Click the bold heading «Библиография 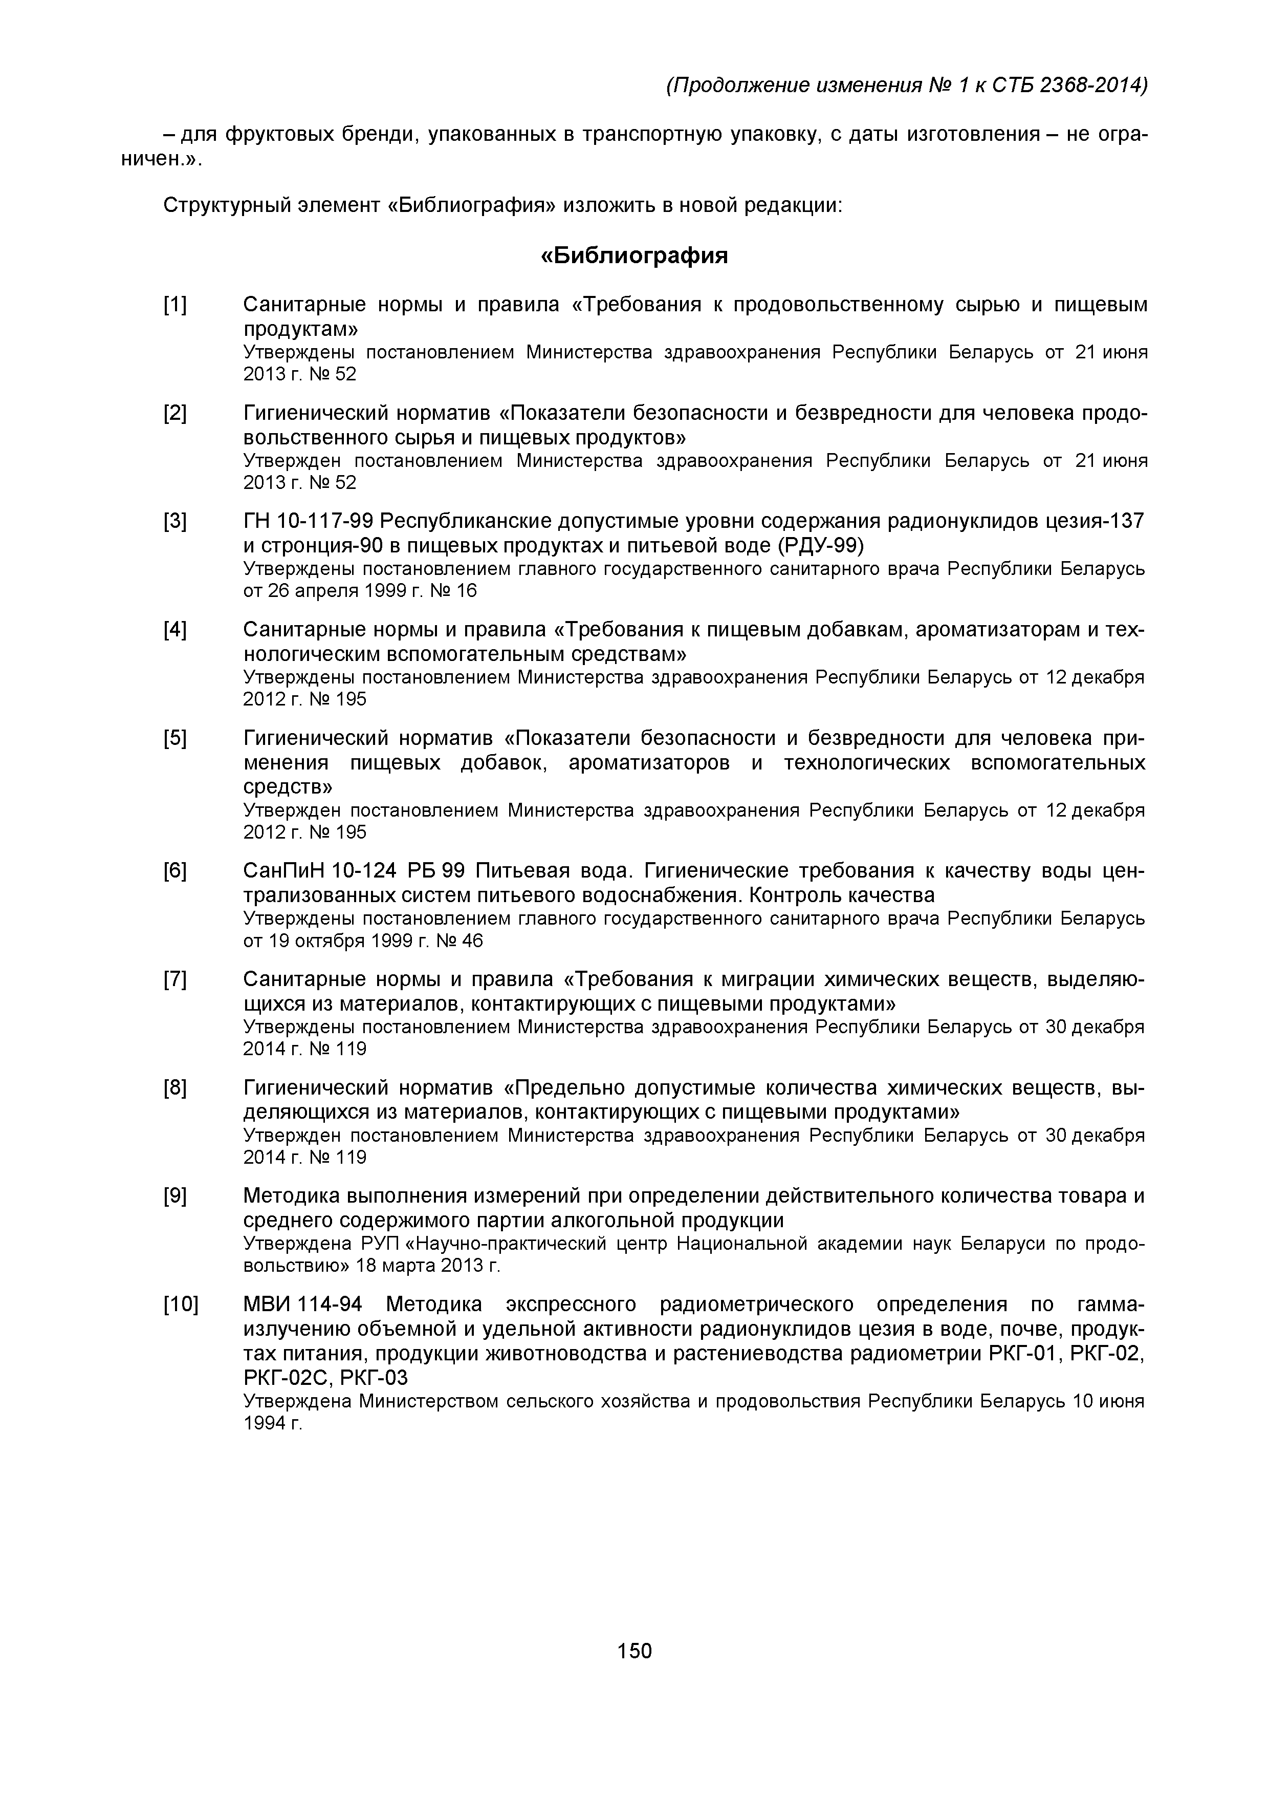coord(634,256)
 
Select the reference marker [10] coord(181,1305)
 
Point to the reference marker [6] coord(175,871)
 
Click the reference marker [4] coord(175,630)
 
